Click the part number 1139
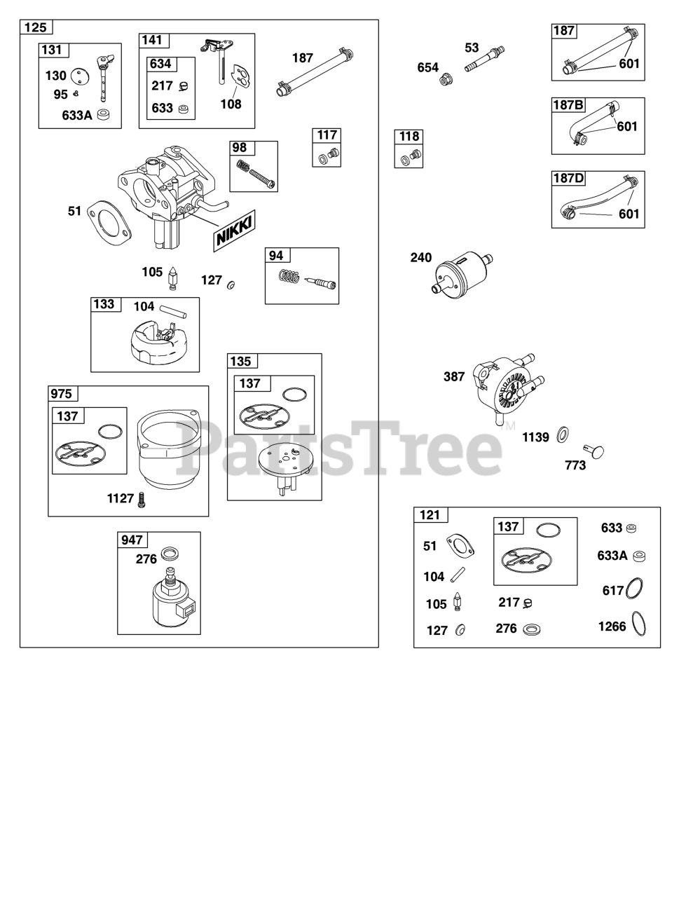click(535, 437)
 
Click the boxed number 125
click(36, 27)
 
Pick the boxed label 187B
click(568, 105)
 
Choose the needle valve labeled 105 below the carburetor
click(172, 278)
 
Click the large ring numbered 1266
click(639, 624)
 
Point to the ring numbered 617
click(634, 588)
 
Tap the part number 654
click(427, 67)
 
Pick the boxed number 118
click(409, 137)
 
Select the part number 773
click(575, 465)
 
